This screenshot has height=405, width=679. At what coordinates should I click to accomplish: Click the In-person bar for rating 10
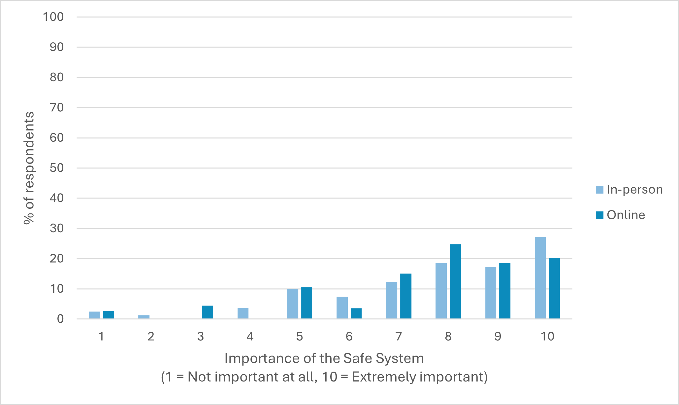(x=540, y=278)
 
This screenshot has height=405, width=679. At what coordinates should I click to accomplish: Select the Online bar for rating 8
(x=455, y=281)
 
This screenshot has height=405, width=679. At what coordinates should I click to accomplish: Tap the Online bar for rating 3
(x=208, y=312)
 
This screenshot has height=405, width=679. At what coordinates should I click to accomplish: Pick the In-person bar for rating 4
(x=243, y=313)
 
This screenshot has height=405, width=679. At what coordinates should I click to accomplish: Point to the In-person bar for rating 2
(x=144, y=317)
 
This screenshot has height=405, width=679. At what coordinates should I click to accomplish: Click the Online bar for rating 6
(x=356, y=313)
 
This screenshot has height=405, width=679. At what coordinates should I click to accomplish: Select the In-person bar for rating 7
(x=392, y=300)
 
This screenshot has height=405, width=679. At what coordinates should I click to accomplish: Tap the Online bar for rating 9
(x=505, y=291)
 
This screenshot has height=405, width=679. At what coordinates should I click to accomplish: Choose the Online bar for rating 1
(x=109, y=315)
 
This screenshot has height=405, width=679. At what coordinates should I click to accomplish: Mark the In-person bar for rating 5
(x=293, y=304)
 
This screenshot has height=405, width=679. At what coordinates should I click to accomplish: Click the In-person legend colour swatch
(x=599, y=190)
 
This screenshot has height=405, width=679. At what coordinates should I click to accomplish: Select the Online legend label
(x=626, y=215)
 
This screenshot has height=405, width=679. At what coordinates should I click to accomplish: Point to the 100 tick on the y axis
(x=53, y=17)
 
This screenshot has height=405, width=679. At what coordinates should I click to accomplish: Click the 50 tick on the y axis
(x=57, y=168)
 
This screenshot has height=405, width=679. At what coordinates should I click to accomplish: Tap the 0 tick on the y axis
(x=60, y=319)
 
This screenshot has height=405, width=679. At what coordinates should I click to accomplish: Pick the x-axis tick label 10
(x=547, y=337)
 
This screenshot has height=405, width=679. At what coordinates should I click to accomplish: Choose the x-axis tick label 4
(x=250, y=337)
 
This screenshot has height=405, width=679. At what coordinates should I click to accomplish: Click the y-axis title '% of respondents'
(x=29, y=168)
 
